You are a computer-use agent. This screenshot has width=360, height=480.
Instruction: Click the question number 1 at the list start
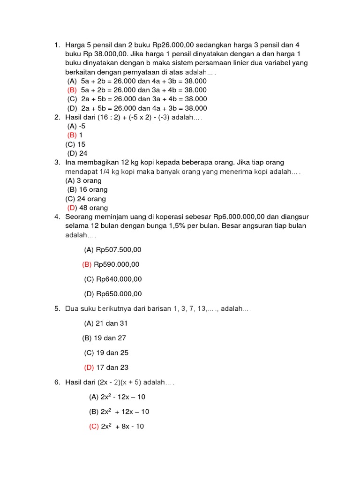coord(57,45)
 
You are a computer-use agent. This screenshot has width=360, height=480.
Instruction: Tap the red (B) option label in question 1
coord(72,90)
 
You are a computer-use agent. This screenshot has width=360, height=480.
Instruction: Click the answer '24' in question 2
coord(83,153)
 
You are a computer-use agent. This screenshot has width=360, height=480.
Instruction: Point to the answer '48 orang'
coord(94,208)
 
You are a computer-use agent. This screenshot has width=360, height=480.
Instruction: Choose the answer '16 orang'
coord(93,189)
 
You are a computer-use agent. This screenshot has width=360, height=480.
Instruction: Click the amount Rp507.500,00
coord(119,250)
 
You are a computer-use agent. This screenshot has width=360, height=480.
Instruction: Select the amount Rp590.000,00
coord(117,264)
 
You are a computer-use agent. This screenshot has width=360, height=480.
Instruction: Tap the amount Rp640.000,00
coord(119,279)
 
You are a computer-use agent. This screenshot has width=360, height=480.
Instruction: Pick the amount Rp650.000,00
coord(119,294)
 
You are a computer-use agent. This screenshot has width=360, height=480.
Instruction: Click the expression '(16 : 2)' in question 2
coord(106,117)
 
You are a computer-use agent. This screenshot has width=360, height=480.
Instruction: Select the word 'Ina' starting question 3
coord(70,162)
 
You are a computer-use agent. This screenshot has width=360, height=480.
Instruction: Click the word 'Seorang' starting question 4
coord(78,217)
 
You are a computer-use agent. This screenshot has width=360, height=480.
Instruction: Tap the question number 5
coord(57,309)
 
